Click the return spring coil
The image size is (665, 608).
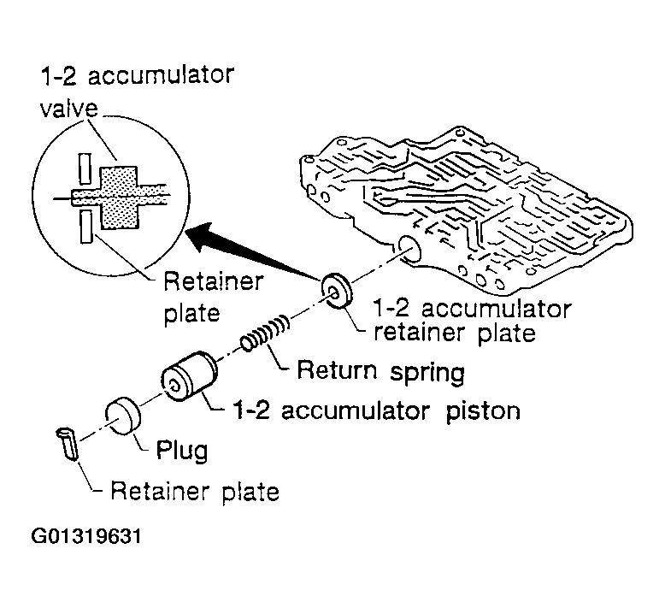click(x=266, y=333)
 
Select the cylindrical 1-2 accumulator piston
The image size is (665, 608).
click(x=189, y=376)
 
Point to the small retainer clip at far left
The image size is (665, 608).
click(x=68, y=443)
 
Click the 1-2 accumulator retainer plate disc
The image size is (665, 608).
click(x=337, y=292)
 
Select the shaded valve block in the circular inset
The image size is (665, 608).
click(x=119, y=198)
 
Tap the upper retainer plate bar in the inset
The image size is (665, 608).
click(x=85, y=168)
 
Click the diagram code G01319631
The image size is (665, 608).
click(x=86, y=536)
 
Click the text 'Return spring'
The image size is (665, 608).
click(x=380, y=371)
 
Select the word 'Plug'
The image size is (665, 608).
click(x=182, y=450)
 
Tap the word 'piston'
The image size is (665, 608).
click(x=483, y=412)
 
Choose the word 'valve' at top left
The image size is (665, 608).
click(x=69, y=109)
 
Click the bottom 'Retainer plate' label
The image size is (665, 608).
click(x=195, y=493)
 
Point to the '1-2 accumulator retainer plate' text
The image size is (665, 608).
click(x=472, y=321)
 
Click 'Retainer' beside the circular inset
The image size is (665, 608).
click(x=214, y=280)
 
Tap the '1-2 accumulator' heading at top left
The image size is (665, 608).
click(x=137, y=75)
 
